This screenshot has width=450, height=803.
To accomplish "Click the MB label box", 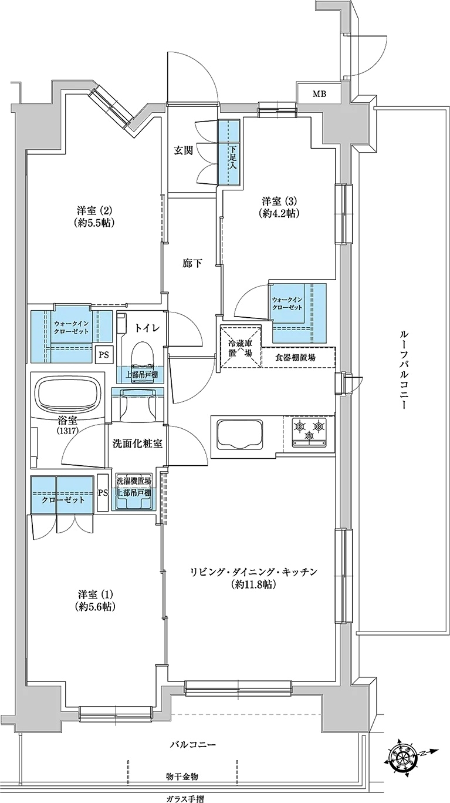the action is coord(320,94).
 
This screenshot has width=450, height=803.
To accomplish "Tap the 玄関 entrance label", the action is coord(184,151).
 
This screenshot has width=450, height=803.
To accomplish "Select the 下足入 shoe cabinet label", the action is coord(234,157).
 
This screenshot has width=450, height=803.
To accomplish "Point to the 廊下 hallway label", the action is coord(191,264).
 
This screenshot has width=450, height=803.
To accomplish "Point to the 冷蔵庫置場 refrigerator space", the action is coord(241,346).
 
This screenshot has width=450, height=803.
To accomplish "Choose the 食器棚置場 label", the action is coord(295,357).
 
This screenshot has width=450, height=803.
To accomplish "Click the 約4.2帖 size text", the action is coord(279,213).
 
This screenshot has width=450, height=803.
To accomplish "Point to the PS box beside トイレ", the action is coord(104,355).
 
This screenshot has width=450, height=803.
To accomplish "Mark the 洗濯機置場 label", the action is coord(133,481).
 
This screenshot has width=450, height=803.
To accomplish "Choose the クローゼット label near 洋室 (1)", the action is coord(63,500).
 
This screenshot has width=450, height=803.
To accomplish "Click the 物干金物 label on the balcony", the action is coord(182,775).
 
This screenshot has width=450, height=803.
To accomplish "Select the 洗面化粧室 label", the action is coord(137,444).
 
